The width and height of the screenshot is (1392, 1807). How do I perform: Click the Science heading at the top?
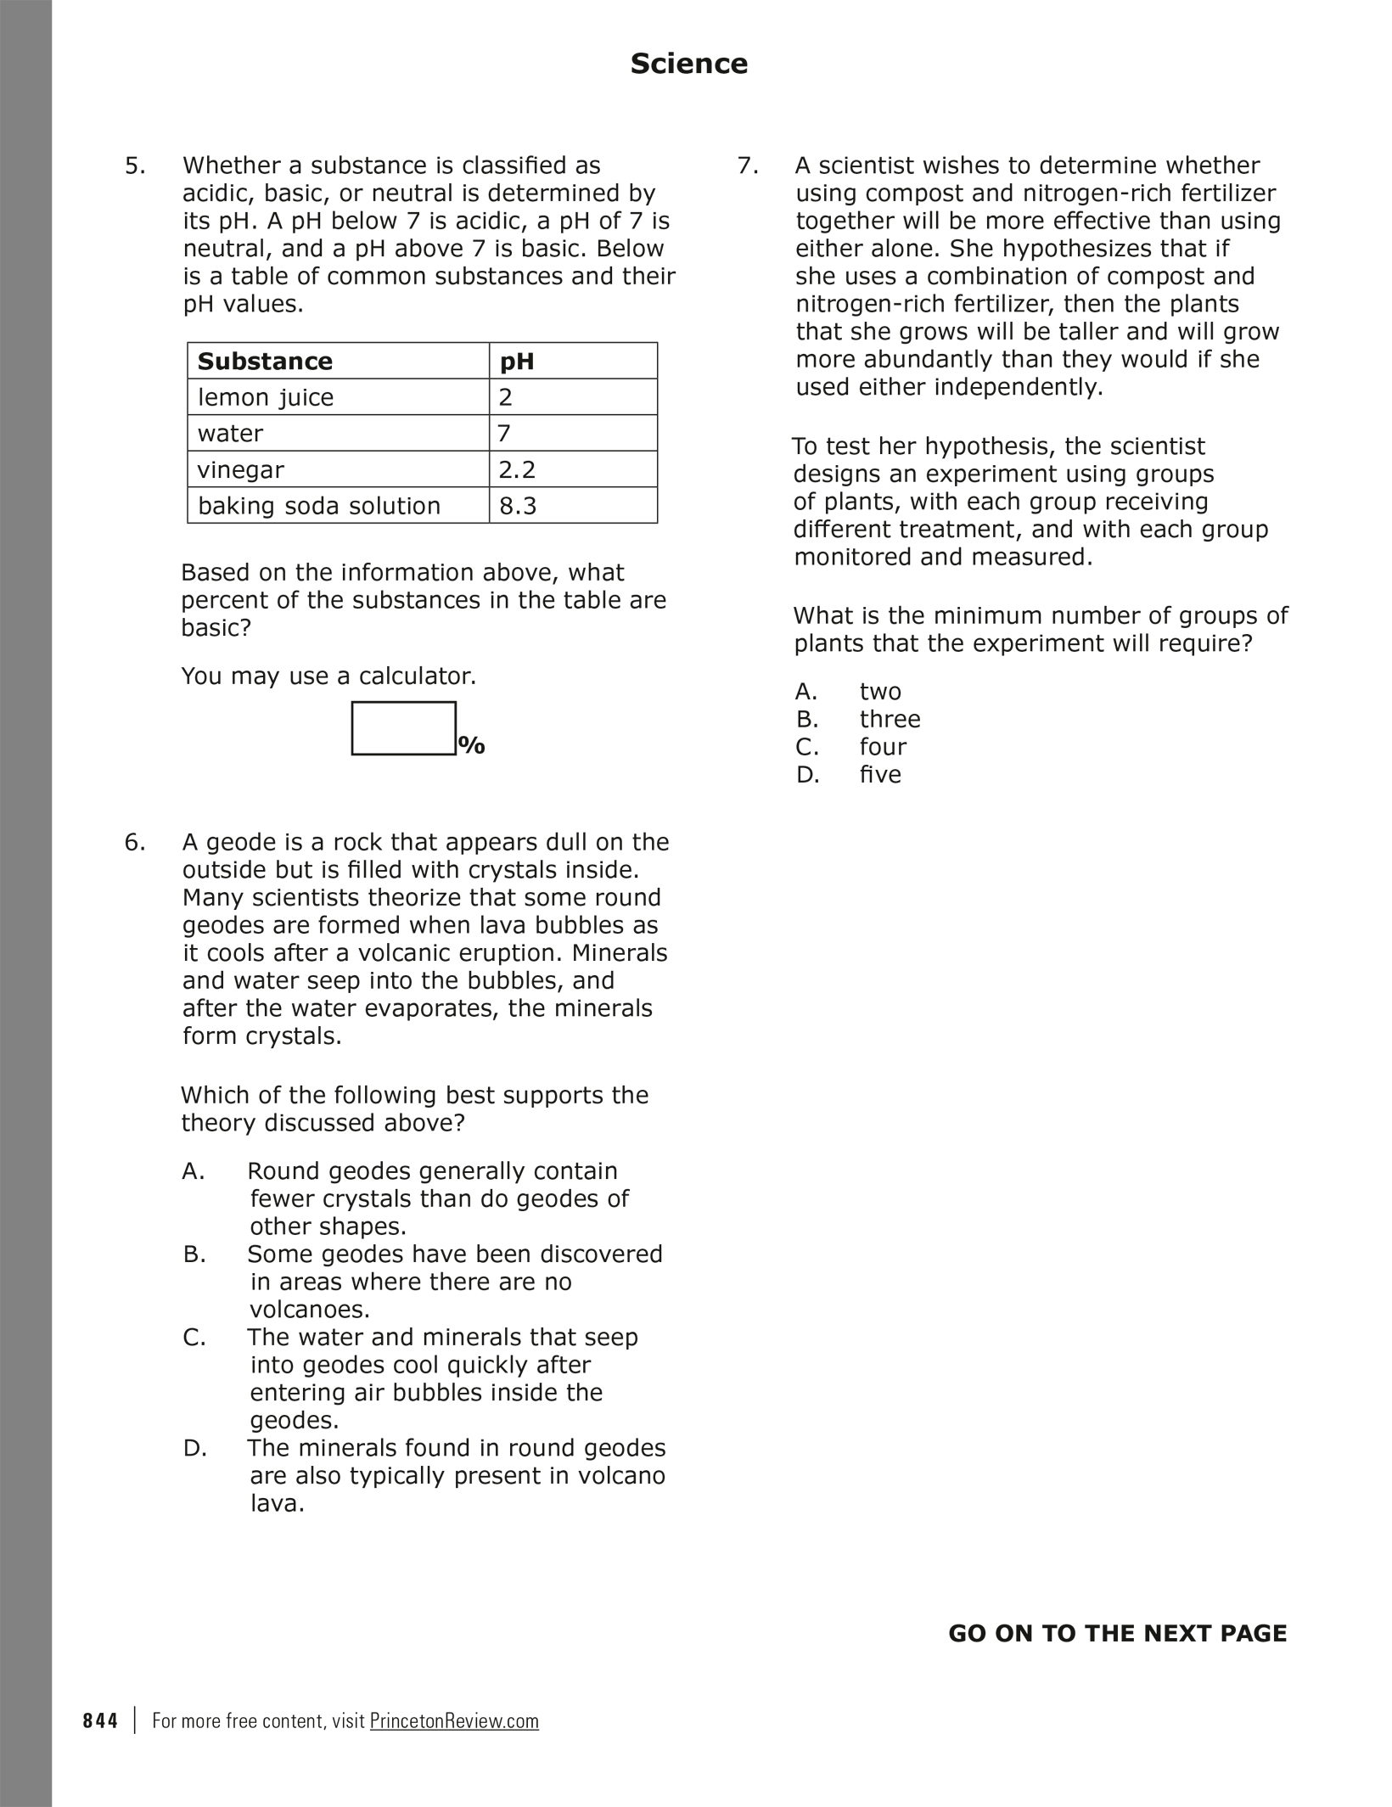(x=688, y=64)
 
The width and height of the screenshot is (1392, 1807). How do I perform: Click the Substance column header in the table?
(x=265, y=362)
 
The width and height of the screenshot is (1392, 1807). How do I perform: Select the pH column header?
(x=517, y=362)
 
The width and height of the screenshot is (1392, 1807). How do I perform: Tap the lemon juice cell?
(x=266, y=397)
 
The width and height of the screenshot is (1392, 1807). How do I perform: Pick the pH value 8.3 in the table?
(x=518, y=506)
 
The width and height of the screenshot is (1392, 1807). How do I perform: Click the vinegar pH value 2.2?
(x=518, y=469)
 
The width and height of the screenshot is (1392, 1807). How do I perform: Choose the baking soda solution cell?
(x=319, y=506)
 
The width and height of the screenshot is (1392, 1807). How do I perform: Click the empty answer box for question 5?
(x=403, y=728)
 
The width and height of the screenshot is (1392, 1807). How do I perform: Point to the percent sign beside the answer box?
(x=471, y=746)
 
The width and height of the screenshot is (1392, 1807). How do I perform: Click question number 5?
(x=135, y=166)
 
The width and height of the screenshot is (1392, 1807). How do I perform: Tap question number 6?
(x=135, y=842)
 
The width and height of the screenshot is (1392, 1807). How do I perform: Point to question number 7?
(x=748, y=166)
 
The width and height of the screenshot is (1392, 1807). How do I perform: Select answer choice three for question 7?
(x=890, y=719)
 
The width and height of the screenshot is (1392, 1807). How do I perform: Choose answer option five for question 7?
(x=880, y=774)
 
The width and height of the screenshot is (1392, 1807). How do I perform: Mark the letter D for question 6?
(x=194, y=1448)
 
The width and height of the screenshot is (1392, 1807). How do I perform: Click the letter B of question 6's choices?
(x=194, y=1254)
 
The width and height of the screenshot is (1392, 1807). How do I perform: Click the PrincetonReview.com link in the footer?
(x=454, y=1721)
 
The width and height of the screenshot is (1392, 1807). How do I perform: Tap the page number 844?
(x=100, y=1721)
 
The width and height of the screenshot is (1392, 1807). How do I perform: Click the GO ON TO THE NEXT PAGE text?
(x=1117, y=1634)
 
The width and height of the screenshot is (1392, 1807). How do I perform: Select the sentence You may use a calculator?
(x=328, y=676)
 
